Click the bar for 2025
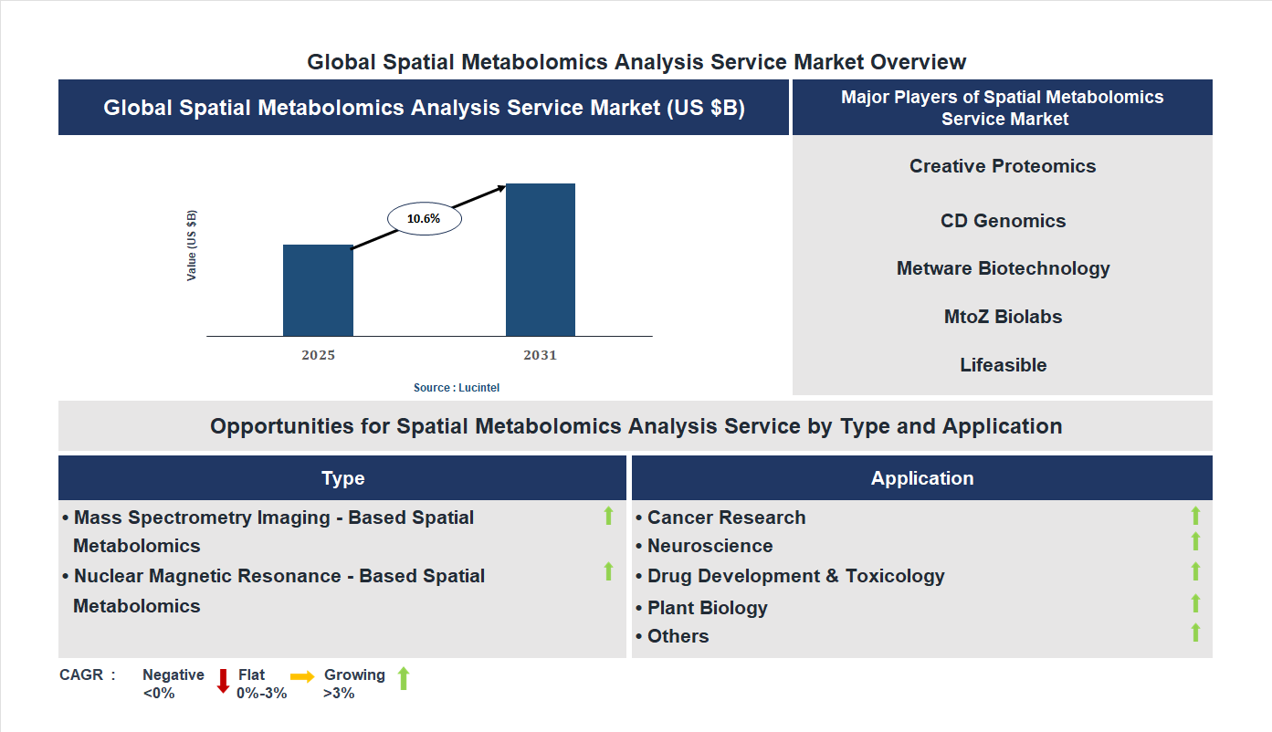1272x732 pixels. click(318, 290)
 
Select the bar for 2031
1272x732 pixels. click(541, 260)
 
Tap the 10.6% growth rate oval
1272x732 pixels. click(424, 219)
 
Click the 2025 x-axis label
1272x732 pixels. click(318, 355)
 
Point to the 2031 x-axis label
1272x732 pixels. click(540, 355)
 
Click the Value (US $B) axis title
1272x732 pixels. click(192, 246)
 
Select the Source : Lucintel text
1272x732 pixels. click(457, 388)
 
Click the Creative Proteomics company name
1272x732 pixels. click(1002, 166)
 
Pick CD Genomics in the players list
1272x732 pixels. click(1003, 221)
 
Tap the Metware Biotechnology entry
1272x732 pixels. click(1003, 268)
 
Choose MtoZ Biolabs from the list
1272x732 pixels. click(1003, 317)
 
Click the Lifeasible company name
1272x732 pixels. click(1003, 365)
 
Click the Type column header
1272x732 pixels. click(342, 478)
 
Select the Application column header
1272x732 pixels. click(921, 478)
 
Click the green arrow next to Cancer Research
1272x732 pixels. click(1195, 516)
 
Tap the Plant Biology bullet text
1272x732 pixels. click(707, 608)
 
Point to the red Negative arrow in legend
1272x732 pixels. click(222, 681)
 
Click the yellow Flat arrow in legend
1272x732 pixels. click(302, 676)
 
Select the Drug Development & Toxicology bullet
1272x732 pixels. click(795, 576)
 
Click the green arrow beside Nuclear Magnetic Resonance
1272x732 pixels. click(608, 571)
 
